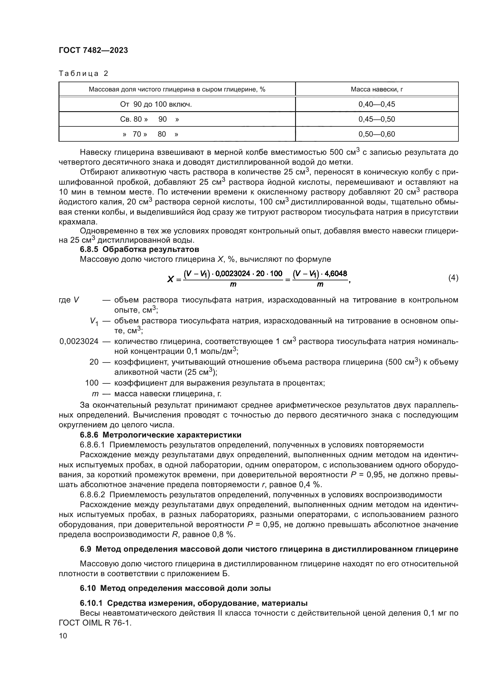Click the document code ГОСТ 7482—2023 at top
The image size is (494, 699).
pos(93,51)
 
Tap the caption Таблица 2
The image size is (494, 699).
pos(83,74)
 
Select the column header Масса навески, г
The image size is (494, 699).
pos(377,89)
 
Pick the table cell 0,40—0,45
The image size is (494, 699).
pos(377,104)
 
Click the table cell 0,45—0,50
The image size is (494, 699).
pos(377,119)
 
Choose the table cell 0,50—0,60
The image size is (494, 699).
pos(377,134)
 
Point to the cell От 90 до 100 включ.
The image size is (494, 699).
pos(156,104)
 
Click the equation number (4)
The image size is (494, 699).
pos(453,278)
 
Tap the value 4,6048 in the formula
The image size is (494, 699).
pos(335,273)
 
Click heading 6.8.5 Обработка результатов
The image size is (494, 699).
pos(139,249)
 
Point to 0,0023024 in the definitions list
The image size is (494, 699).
pos(79,341)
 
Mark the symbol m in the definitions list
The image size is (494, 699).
pos(95,394)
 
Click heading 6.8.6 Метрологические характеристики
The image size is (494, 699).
pos(160,435)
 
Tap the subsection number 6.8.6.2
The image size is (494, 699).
pos(92,495)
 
